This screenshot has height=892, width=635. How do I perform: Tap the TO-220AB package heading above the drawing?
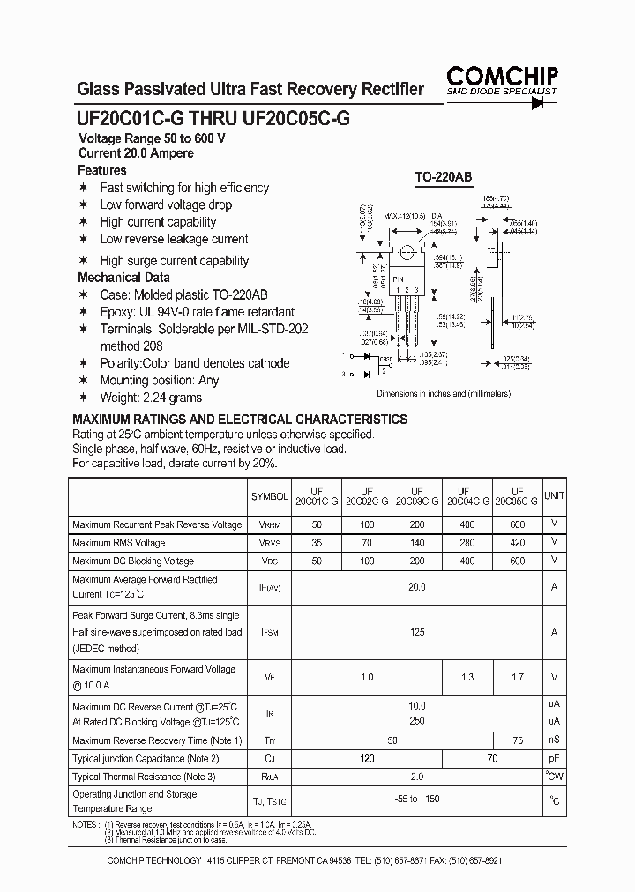[444, 177]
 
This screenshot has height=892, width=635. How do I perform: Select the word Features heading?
[102, 170]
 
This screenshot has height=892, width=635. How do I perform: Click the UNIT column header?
[554, 497]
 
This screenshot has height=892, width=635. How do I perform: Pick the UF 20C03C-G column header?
[417, 496]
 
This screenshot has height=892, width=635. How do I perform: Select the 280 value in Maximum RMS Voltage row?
[467, 543]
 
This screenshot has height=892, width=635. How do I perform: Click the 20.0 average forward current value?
[417, 587]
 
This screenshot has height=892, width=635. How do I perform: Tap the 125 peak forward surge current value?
[417, 632]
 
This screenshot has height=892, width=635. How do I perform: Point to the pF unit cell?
[554, 758]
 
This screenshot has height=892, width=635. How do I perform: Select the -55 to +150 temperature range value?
[417, 800]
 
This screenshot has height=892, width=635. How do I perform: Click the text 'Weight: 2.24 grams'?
[138, 398]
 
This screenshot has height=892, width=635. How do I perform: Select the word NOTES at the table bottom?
[85, 824]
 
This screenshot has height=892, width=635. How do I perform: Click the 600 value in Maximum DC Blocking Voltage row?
[517, 561]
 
